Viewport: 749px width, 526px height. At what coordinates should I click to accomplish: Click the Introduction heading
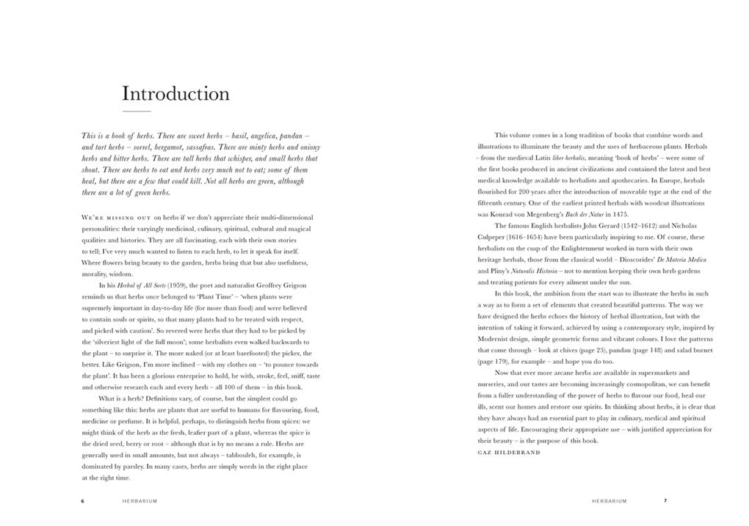(x=176, y=94)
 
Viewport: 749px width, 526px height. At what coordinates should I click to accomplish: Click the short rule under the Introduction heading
(x=136, y=111)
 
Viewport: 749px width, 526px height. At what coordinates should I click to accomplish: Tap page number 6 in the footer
(x=83, y=501)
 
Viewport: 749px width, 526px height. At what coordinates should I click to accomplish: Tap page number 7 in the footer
(x=665, y=501)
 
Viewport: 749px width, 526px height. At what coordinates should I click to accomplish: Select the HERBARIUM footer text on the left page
(x=140, y=501)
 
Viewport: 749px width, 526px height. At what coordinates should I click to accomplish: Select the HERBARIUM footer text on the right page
(x=609, y=501)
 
